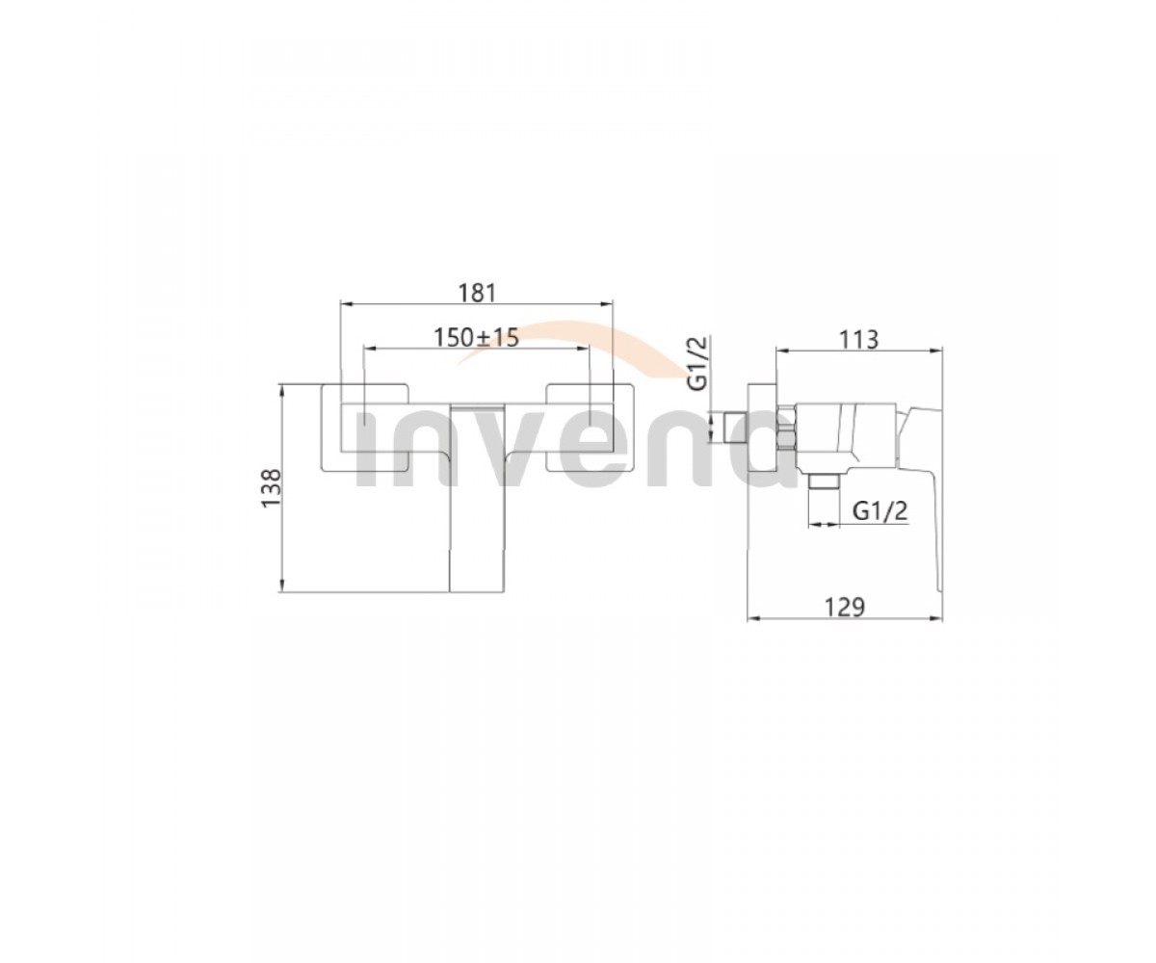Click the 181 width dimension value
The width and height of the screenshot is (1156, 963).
pyautogui.click(x=477, y=293)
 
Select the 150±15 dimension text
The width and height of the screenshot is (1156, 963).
pyautogui.click(x=476, y=338)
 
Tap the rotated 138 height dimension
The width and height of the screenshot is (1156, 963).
pyautogui.click(x=272, y=488)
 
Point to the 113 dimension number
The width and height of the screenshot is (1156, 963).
pyautogui.click(x=859, y=339)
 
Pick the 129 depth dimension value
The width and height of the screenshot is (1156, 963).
pyautogui.click(x=845, y=607)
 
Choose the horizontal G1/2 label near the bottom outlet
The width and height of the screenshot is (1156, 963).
pyautogui.click(x=880, y=510)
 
